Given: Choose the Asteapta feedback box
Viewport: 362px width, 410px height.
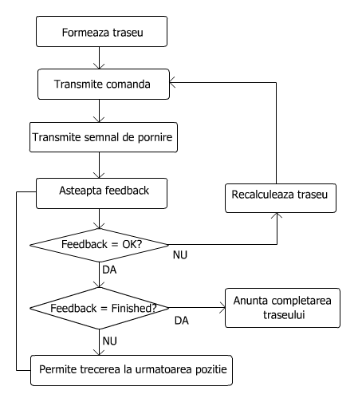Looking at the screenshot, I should (x=100, y=191).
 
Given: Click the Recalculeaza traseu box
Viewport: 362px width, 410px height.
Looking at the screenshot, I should (x=276, y=195).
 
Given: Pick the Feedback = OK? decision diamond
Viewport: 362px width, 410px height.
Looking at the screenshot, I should (x=100, y=243).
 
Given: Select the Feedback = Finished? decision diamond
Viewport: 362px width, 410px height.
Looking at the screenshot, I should (x=100, y=306).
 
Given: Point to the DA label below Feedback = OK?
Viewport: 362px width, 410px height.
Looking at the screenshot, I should (x=110, y=270).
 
